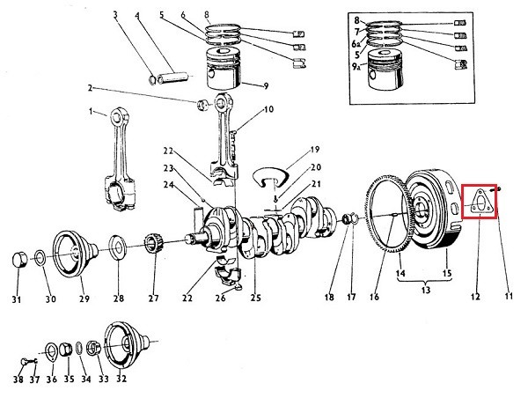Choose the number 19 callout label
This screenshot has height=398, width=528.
315,150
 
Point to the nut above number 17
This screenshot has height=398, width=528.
350,217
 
